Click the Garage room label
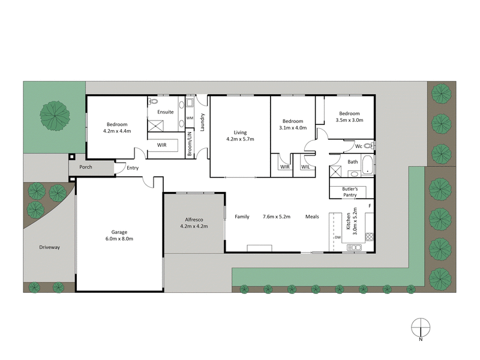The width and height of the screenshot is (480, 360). coord(118,232)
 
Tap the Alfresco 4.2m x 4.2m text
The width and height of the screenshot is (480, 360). coord(194,226)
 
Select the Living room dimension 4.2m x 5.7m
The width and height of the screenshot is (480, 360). coord(240,139)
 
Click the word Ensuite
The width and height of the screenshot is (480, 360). coord(166,112)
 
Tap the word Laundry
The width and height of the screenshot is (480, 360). coord(203,122)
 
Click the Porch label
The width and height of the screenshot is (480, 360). coord(86,167)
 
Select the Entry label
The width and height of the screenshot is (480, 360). coord(133,168)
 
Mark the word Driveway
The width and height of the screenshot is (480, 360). coord(49,247)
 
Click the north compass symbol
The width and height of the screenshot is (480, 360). coord(421,328)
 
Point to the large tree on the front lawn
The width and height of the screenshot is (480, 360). coord(55,114)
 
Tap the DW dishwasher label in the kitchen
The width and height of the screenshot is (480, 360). coord(338,237)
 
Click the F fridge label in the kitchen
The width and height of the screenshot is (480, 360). coord(370,206)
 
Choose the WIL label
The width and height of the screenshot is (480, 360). coord(305,167)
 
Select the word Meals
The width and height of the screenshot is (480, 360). coord(312,216)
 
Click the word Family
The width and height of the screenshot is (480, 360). coord(242,216)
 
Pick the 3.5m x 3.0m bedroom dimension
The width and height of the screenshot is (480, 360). coord(349,120)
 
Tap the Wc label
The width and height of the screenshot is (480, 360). coord(358,145)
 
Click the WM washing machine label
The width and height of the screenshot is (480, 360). coord(190,118)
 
